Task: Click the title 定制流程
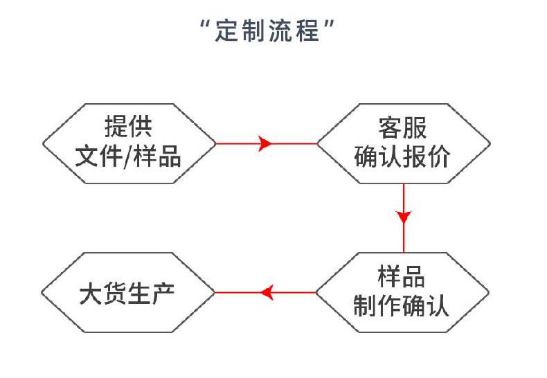[x=267, y=30]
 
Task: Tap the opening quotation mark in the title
[x=206, y=24]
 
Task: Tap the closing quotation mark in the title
[x=329, y=24]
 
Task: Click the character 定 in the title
[x=226, y=30]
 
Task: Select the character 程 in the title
[x=307, y=30]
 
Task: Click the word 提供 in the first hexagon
[x=128, y=126]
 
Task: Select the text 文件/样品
[x=128, y=156]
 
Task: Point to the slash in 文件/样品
[x=128, y=156]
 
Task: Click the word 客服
[x=402, y=127]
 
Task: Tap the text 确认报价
[x=402, y=156]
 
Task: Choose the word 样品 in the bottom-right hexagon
[x=401, y=276]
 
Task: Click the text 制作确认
[x=401, y=305]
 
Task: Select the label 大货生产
[x=127, y=293]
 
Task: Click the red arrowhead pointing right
[x=264, y=143]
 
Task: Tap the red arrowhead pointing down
[x=404, y=216]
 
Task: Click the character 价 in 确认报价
[x=438, y=156]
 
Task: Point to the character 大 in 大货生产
[x=91, y=293]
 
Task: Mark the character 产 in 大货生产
[x=163, y=293]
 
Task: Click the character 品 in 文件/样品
[x=170, y=156]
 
